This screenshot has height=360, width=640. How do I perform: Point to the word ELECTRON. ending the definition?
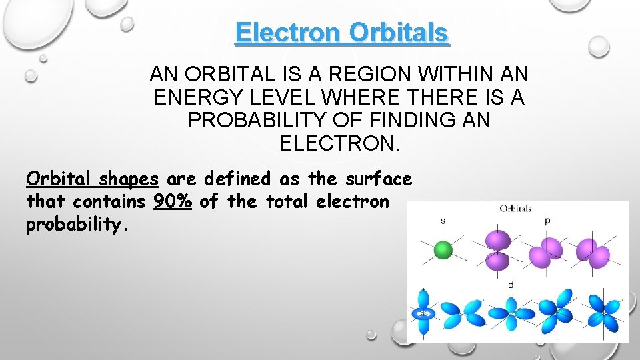(x=339, y=143)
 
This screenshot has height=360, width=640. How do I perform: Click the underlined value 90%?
(x=173, y=201)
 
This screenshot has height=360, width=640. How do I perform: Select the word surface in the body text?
(x=379, y=179)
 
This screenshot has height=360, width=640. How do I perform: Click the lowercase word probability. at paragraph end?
(x=75, y=225)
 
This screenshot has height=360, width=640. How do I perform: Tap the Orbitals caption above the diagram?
(x=515, y=209)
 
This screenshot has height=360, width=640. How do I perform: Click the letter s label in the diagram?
(x=443, y=221)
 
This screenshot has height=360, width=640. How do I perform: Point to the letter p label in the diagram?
(x=547, y=221)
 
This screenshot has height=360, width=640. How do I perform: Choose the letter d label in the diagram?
(x=511, y=285)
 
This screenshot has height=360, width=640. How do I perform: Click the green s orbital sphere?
(x=443, y=251)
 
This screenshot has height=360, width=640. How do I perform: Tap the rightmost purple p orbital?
(x=594, y=253)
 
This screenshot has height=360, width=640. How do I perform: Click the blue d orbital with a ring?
(x=423, y=313)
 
